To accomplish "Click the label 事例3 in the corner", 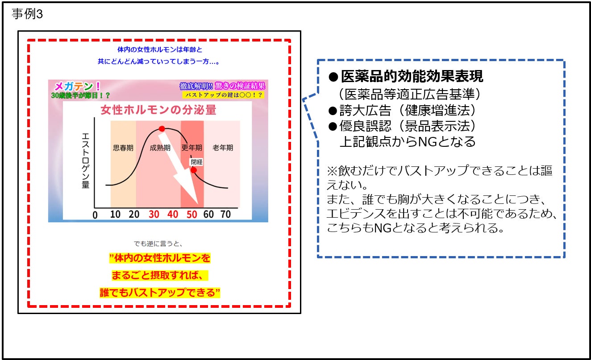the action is tap(26, 14).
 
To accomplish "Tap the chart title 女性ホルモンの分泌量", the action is tap(159, 110).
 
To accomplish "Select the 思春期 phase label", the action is tap(123, 148).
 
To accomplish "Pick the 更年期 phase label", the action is tap(191, 148).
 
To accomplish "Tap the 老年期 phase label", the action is tap(223, 148).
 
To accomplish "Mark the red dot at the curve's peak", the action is tap(162, 129).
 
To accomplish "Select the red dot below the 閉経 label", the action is tap(193, 170).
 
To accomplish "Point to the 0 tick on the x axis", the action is tap(95, 215).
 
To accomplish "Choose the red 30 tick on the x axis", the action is tap(154, 215).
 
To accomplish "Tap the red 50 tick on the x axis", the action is tap(191, 215).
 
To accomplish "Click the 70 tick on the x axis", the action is tap(226, 215).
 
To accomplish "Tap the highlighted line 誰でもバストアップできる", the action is tap(160, 292).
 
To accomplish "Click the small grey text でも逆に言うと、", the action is tap(159, 244).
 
